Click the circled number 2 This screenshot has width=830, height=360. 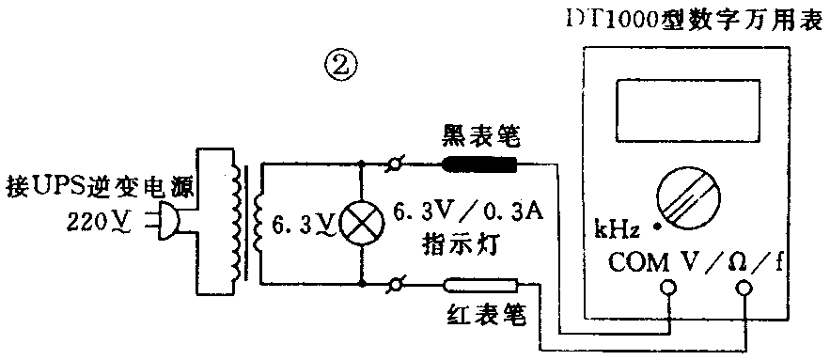coord(340,67)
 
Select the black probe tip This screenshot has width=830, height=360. coord(479,166)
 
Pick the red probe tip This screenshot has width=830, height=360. coord(479,283)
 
